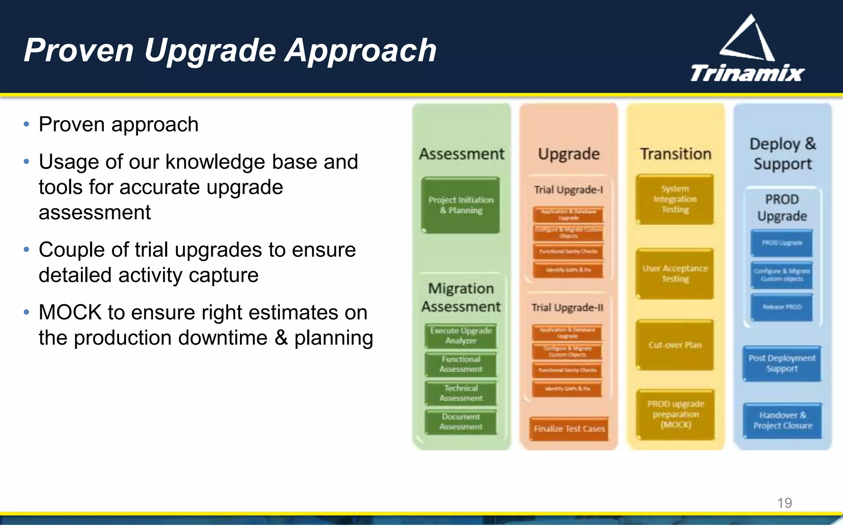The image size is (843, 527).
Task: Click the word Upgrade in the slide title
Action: (x=210, y=50)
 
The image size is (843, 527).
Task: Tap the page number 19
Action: (x=784, y=503)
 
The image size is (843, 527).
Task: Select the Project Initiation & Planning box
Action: (x=461, y=205)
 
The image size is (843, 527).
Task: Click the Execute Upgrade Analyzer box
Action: (x=461, y=336)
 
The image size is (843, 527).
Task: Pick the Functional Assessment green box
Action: (x=461, y=364)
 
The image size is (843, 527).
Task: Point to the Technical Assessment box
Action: (x=461, y=393)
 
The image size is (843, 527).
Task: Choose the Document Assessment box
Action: (x=461, y=422)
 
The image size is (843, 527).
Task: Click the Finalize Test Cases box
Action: (x=569, y=429)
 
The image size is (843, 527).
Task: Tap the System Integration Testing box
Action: (x=675, y=199)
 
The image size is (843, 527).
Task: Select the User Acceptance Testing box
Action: (x=675, y=273)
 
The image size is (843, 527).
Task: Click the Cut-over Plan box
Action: (x=675, y=345)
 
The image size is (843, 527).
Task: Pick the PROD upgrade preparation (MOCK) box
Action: (x=675, y=414)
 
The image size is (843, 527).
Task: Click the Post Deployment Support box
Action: (x=782, y=363)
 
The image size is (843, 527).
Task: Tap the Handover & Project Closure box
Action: (x=782, y=420)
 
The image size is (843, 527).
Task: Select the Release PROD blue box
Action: (x=782, y=307)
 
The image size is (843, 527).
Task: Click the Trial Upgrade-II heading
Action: (x=567, y=308)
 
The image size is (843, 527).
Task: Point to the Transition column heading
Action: (x=675, y=154)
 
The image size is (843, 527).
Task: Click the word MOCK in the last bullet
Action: (x=70, y=312)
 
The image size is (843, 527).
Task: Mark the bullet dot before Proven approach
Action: (x=27, y=124)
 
